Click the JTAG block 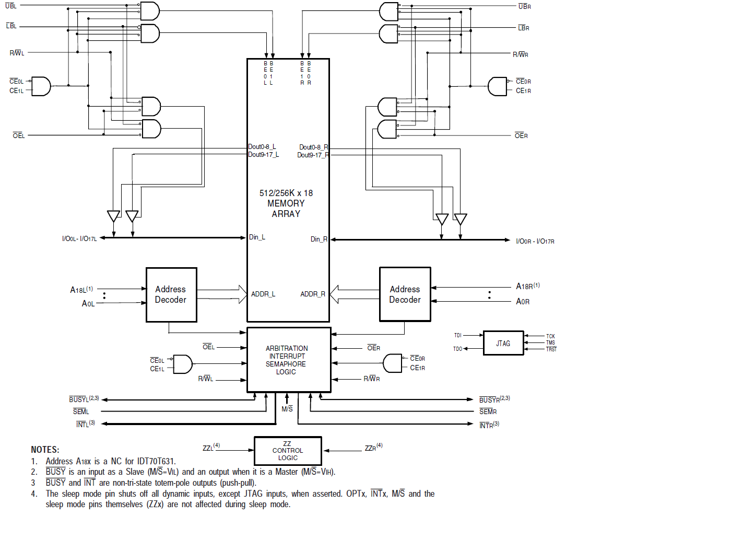(503, 343)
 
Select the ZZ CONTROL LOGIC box (288, 451)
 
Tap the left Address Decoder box (171, 294)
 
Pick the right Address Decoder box (405, 294)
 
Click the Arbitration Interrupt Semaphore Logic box (288, 360)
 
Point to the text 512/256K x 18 (286, 193)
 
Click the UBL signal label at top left (11, 6)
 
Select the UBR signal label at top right (524, 6)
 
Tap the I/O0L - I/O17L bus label (79, 239)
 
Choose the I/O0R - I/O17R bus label (535, 241)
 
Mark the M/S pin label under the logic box (287, 409)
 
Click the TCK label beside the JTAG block (550, 336)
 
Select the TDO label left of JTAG (457, 349)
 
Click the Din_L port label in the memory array (257, 237)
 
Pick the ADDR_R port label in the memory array (313, 294)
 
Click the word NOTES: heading (45, 450)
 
